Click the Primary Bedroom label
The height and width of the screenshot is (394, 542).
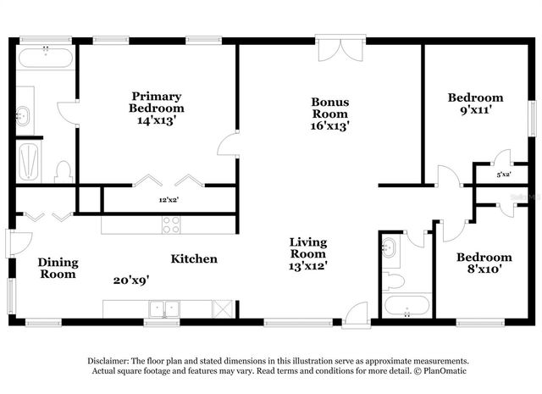[157, 102]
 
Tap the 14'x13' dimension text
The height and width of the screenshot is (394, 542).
[157, 120]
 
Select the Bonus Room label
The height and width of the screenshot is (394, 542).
[330, 108]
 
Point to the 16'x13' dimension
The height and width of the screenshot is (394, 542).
[330, 125]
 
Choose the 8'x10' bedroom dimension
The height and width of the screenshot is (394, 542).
[484, 270]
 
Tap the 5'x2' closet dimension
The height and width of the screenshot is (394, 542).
[504, 174]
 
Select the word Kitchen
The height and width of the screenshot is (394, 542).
[194, 258]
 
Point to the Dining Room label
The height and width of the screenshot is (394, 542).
[58, 268]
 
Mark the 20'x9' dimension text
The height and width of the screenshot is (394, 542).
[131, 279]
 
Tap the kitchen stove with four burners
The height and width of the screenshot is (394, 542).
[170, 225]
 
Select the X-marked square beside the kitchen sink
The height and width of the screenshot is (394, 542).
[223, 308]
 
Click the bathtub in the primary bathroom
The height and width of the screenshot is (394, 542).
[45, 58]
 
